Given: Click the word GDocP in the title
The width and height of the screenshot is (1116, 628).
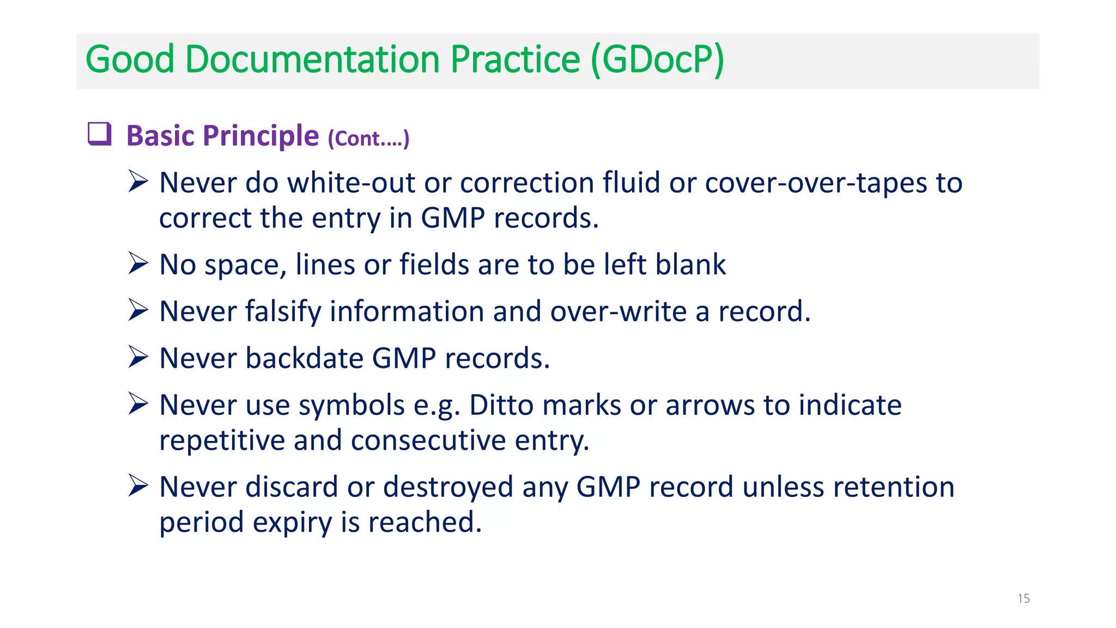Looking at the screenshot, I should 657,59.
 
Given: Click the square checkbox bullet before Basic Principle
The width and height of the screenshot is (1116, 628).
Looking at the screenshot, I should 100,134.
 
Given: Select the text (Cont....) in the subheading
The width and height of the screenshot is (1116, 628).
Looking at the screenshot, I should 368,138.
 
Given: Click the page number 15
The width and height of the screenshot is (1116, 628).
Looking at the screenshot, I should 1023,599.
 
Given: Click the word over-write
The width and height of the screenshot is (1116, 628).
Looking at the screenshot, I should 618,311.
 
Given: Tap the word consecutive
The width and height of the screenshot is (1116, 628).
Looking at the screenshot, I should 428,440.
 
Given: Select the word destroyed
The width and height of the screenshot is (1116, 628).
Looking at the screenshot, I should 448,487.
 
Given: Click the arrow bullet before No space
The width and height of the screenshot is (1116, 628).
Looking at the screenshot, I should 138,263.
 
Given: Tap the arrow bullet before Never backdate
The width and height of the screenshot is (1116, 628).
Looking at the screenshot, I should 138,357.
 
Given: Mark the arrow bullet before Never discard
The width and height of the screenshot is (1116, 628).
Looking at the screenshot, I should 138,486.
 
